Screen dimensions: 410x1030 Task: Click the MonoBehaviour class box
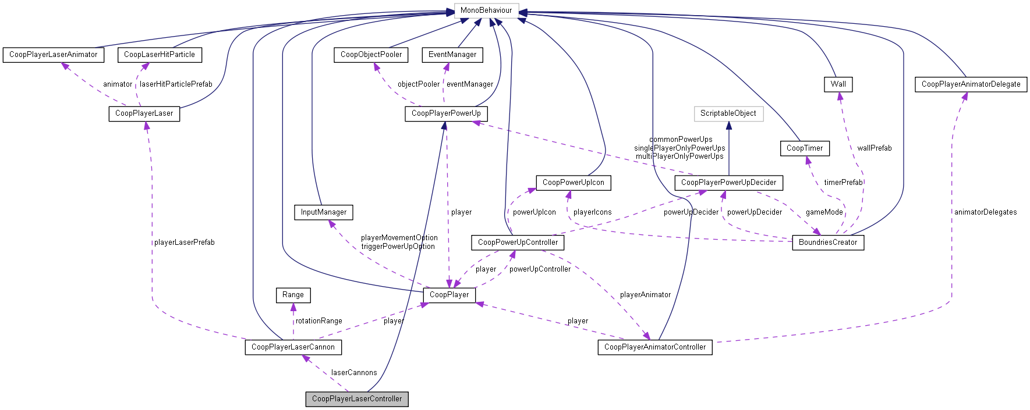(x=486, y=10)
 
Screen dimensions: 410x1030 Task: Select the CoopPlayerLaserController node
(x=357, y=399)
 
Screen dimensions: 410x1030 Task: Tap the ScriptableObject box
(x=728, y=113)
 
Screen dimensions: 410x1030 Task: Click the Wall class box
(x=838, y=84)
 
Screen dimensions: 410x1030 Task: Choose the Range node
(x=293, y=295)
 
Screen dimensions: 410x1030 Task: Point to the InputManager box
(x=324, y=212)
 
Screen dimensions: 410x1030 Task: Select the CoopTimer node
(x=805, y=148)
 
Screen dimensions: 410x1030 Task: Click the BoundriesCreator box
(x=828, y=243)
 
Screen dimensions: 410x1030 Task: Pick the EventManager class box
(x=452, y=55)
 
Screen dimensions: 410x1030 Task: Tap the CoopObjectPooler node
(x=371, y=55)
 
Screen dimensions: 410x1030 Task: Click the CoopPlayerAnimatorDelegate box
(x=971, y=84)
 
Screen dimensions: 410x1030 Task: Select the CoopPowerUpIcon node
(x=574, y=183)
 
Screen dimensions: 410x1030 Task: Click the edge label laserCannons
(x=354, y=373)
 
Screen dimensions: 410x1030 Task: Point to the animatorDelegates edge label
(x=985, y=212)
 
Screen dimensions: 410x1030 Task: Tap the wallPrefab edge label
(x=874, y=148)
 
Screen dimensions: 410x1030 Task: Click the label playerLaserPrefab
(x=184, y=243)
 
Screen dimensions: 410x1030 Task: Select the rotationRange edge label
(x=318, y=321)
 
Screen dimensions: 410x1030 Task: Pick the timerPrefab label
(x=843, y=183)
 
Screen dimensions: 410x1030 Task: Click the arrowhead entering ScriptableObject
(x=728, y=125)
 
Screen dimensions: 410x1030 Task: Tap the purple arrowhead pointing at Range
(x=293, y=306)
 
